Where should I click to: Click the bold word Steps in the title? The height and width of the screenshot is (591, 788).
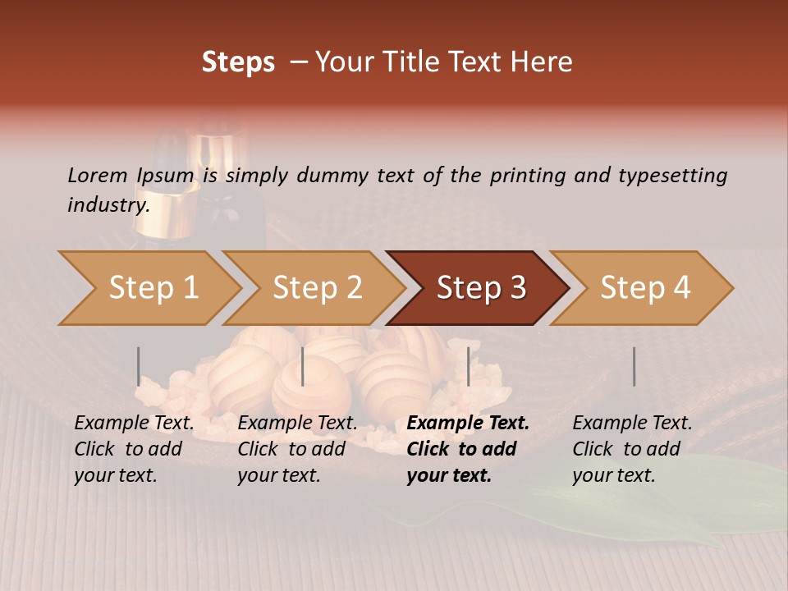point(238,62)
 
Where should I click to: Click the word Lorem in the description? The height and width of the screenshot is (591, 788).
point(98,175)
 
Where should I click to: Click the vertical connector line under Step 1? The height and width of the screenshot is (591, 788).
point(138,366)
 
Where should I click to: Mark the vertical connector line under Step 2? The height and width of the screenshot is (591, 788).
point(303,366)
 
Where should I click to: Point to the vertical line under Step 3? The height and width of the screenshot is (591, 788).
point(468,366)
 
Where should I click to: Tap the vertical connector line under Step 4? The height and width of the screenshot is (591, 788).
point(634,366)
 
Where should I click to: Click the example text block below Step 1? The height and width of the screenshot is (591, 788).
point(134,449)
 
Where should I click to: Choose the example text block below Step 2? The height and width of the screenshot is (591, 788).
point(297,449)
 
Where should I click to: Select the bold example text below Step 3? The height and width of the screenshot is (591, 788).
point(467,449)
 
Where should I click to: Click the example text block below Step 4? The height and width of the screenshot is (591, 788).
point(631,449)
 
